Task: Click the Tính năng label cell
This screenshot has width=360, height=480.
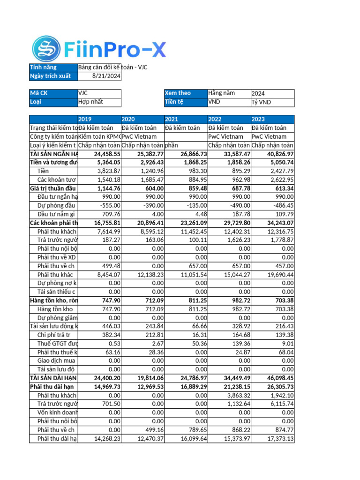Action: (53, 67)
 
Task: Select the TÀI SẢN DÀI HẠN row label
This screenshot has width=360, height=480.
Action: (53, 378)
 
